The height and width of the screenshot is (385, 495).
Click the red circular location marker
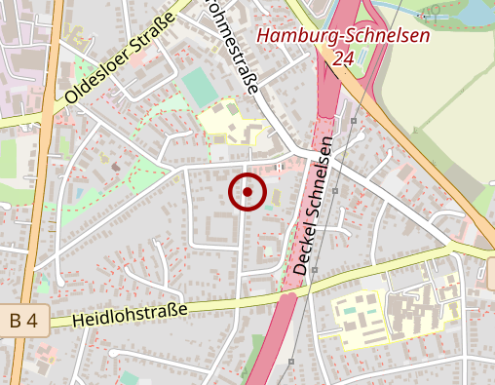247,192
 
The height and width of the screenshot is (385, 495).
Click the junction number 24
342,58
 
